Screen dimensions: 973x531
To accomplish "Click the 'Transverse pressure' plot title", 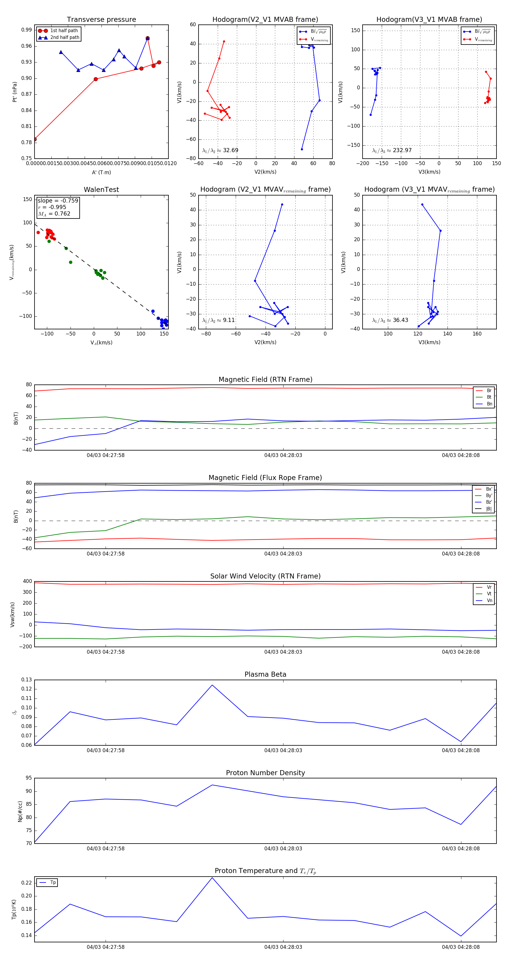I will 101,20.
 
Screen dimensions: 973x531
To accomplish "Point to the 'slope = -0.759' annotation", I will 58,200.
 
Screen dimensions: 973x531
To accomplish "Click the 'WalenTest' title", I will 101,190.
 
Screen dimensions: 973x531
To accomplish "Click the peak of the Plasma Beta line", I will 212,685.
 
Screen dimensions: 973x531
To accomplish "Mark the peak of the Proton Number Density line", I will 212,785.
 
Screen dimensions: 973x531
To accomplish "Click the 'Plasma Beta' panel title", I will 265,674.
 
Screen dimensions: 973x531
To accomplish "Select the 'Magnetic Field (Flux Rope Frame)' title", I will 265,478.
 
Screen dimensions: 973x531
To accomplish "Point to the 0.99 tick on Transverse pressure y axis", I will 27,30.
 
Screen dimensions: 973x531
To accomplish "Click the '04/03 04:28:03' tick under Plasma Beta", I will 283,750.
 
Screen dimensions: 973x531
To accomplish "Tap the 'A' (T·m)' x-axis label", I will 101,172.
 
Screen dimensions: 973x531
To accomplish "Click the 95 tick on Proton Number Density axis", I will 29,778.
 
